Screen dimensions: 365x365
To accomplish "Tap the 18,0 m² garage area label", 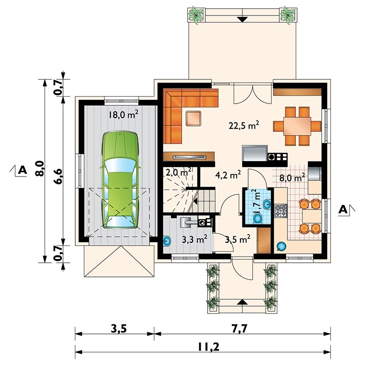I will (x=124, y=114).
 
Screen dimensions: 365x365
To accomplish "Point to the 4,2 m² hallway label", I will (x=228, y=174).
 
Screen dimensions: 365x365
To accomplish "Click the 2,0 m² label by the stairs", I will (x=177, y=172).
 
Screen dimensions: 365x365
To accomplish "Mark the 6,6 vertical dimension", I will (x=57, y=170).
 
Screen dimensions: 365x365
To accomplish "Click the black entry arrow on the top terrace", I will (x=242, y=19).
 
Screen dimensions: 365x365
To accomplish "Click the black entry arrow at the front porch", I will (x=242, y=302).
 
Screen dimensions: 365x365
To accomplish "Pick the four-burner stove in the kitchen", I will (x=281, y=211).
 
